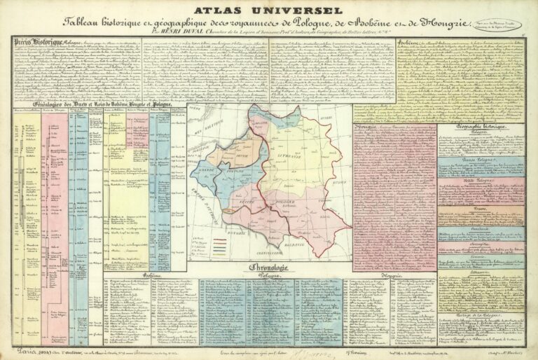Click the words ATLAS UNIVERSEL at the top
pyautogui.click(x=269, y=11)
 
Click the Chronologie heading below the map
pyautogui.click(x=270, y=268)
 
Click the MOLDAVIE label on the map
pyautogui.click(x=299, y=243)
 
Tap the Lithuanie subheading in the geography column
pyautogui.click(x=481, y=258)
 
